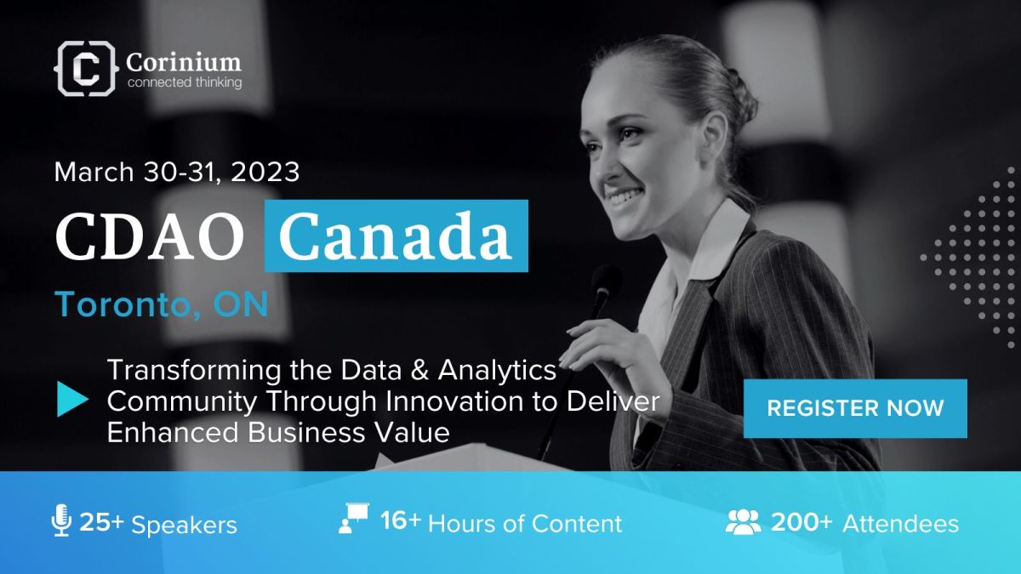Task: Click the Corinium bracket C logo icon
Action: (86, 68)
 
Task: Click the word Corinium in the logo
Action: (184, 62)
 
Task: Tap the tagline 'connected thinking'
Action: (185, 83)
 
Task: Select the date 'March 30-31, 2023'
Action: (177, 172)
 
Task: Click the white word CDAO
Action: (150, 237)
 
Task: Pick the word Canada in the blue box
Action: (395, 236)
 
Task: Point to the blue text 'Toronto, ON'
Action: (162, 304)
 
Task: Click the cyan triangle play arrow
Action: (72, 399)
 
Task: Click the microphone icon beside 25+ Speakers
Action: (61, 520)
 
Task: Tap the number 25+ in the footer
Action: (101, 522)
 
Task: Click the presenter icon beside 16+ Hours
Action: (354, 518)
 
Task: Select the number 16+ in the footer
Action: (401, 520)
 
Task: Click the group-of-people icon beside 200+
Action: (743, 522)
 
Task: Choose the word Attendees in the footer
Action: (901, 524)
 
